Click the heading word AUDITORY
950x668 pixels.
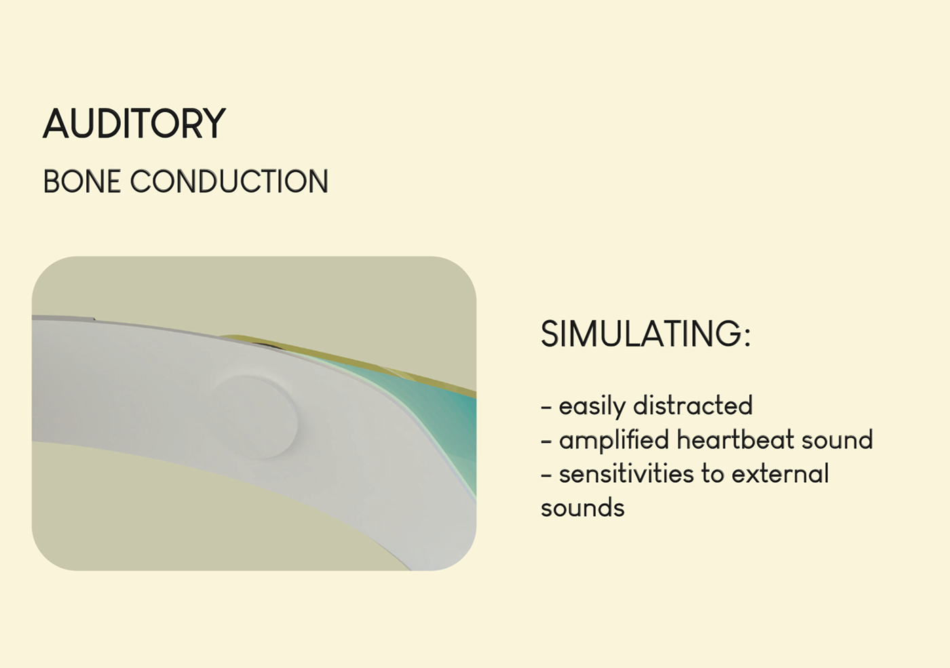coord(134,123)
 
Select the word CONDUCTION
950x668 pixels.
coord(229,182)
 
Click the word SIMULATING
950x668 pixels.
coord(641,334)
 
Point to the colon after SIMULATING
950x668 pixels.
coord(747,337)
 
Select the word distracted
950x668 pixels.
coord(693,405)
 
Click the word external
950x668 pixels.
coord(780,473)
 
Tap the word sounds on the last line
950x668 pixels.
coord(583,508)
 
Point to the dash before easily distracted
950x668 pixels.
coord(546,407)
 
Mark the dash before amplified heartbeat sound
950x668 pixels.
coord(546,441)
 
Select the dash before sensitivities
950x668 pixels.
coord(546,475)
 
